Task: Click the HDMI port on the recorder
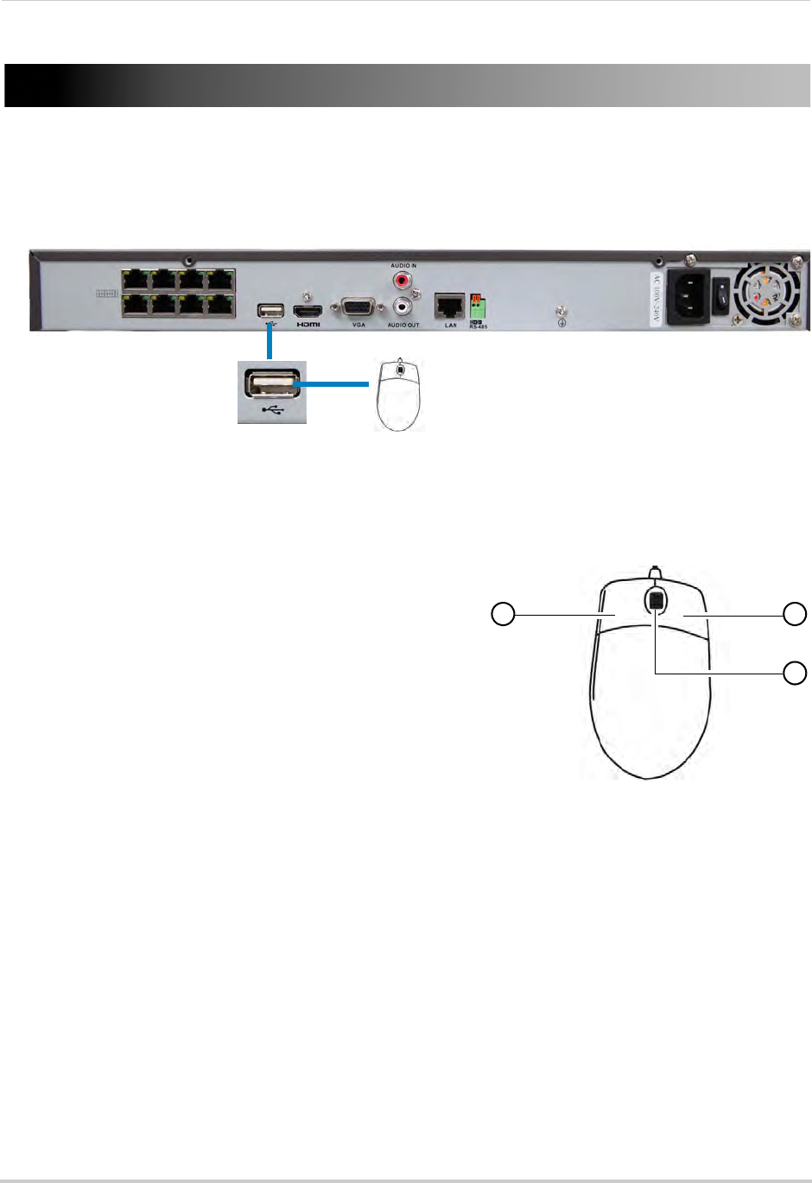point(308,311)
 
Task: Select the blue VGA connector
point(358,308)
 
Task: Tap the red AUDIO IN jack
point(403,281)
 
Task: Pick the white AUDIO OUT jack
point(403,307)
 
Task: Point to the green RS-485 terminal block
point(478,307)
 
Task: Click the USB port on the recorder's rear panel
point(270,311)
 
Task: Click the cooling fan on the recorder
point(765,294)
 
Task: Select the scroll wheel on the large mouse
point(656,601)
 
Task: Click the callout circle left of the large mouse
point(503,614)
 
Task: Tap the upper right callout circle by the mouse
point(795,614)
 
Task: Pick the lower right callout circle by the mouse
point(795,672)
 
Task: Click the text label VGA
point(358,326)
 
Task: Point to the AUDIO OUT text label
point(403,326)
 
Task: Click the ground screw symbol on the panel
point(562,323)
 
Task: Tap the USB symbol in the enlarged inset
point(272,410)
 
